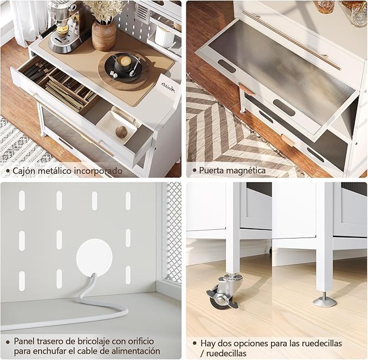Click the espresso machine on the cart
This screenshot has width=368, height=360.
coord(63,26)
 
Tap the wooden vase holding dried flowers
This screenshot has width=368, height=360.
coord(104,35)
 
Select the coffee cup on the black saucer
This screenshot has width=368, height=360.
coord(123,62)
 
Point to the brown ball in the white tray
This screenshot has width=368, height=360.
coord(121,132)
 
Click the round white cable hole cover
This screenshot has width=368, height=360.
coord(94,256)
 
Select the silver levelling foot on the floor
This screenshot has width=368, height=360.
coord(325,300)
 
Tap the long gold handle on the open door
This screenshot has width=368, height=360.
coord(291,40)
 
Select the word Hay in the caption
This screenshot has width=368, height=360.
coord(208,344)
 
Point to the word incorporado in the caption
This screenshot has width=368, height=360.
coord(98,171)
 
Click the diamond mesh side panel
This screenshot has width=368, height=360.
coord(174,233)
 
